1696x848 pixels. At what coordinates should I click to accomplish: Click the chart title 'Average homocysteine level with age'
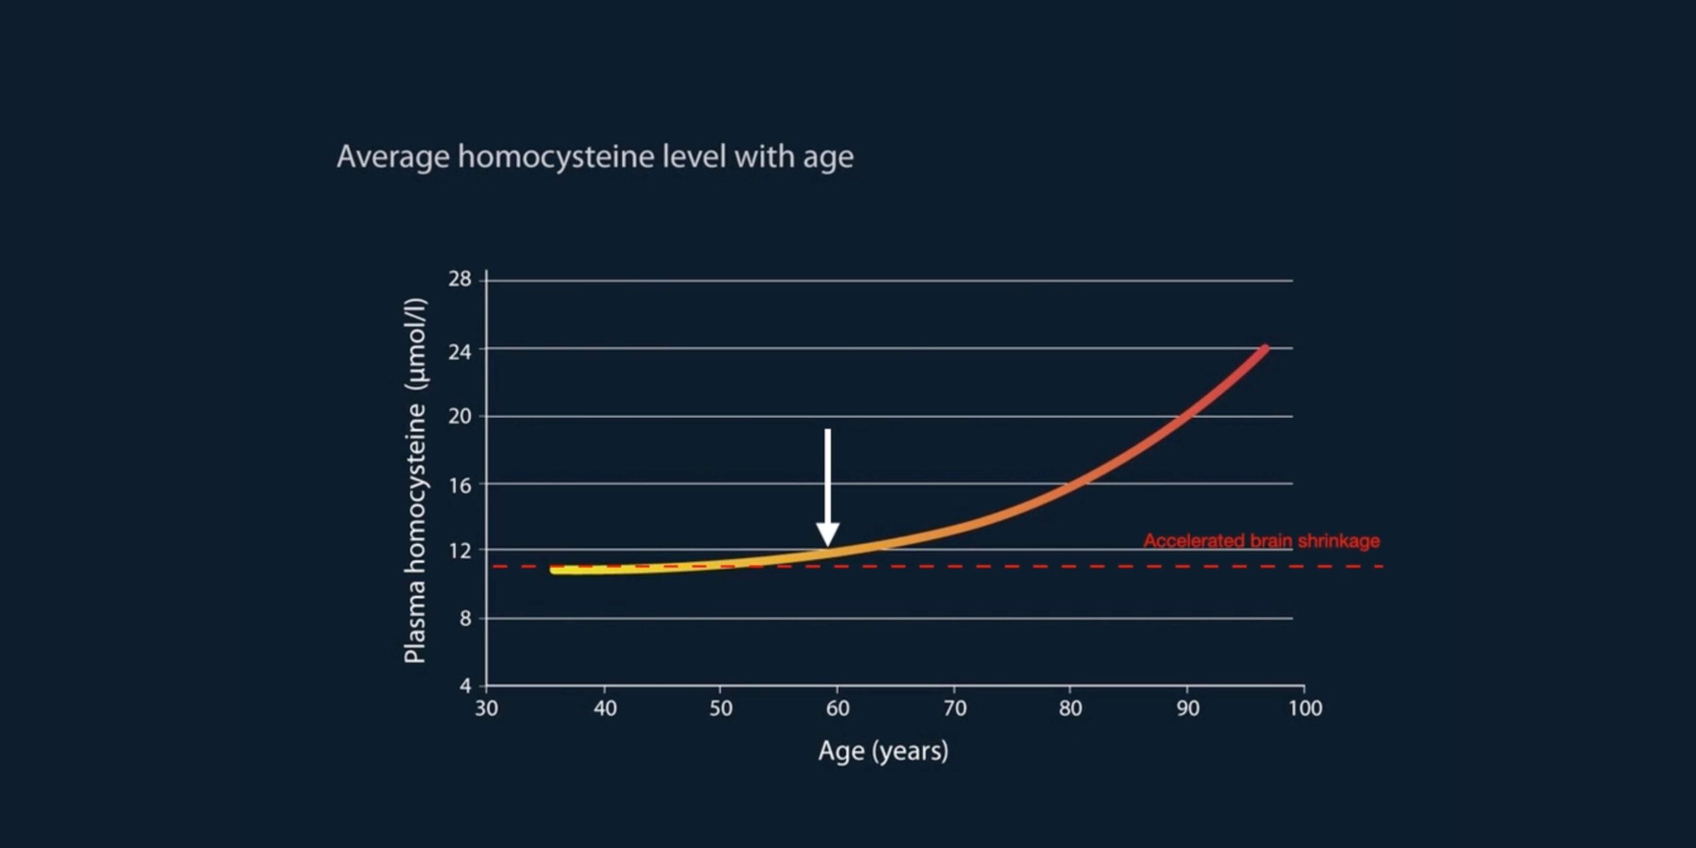pos(595,157)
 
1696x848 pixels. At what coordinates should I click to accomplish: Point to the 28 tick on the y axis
pos(460,280)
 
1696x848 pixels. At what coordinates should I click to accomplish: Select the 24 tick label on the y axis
pos(460,352)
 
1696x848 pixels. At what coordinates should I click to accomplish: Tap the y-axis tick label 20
pos(460,417)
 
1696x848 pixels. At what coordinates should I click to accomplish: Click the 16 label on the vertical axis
pos(460,486)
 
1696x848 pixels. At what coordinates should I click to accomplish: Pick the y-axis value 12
pos(460,551)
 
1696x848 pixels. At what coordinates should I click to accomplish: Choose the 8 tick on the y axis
pos(465,619)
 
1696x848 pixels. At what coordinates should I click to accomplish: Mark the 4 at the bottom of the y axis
pos(465,685)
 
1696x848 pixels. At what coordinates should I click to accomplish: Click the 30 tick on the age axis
pos(486,709)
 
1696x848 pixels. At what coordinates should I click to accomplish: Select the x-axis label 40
pos(604,709)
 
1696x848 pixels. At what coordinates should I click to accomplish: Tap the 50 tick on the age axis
pos(721,709)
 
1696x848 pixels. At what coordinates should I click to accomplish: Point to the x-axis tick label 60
pos(837,709)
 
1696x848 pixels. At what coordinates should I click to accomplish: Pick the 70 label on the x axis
pos(955,709)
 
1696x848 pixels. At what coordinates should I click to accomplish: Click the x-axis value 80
pos(1071,709)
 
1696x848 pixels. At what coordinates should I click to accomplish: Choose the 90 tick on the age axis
pos(1188,709)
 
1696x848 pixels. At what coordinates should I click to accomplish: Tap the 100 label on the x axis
pos(1305,709)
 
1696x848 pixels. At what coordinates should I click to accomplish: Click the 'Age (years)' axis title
pos(883,751)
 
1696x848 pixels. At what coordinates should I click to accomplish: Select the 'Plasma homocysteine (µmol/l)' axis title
pos(416,481)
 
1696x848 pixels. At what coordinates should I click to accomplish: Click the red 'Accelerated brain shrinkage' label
pos(1261,541)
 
